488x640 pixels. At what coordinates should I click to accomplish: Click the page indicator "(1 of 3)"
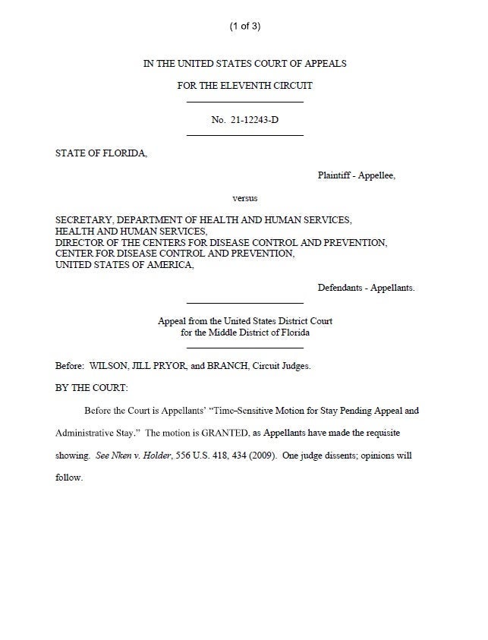pyautogui.click(x=244, y=27)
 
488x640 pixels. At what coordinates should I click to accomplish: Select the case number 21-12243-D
pyautogui.click(x=256, y=119)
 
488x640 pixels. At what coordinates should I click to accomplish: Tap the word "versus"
pyautogui.click(x=244, y=198)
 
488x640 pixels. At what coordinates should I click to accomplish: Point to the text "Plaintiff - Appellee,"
pyautogui.click(x=356, y=175)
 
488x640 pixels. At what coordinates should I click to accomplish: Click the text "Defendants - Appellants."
pyautogui.click(x=366, y=288)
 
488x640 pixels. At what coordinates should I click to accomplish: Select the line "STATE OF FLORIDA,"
pyautogui.click(x=102, y=153)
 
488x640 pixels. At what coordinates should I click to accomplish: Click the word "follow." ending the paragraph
pyautogui.click(x=68, y=479)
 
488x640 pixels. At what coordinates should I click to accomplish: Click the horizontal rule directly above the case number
pyautogui.click(x=244, y=102)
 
